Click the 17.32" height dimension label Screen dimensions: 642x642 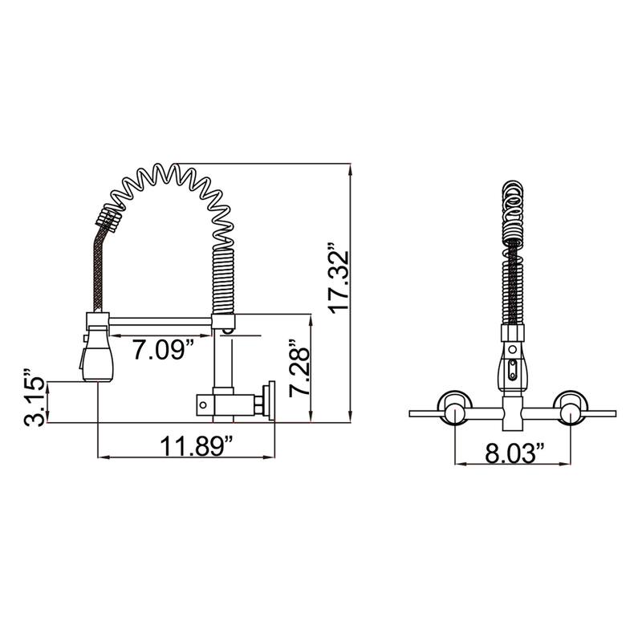point(339,279)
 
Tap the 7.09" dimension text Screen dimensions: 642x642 point(163,349)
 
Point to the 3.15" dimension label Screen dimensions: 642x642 point(34,397)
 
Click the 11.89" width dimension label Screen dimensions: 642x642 point(197,446)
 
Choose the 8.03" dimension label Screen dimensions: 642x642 point(514,453)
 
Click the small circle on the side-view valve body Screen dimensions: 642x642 point(203,405)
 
